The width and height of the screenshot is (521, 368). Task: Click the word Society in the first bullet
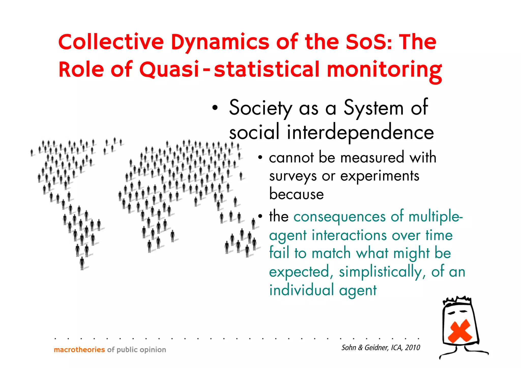260,108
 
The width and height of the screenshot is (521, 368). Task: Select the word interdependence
360,133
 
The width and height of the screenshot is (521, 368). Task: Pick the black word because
297,194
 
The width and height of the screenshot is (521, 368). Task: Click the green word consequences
340,217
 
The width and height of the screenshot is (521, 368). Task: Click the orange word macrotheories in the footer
79,350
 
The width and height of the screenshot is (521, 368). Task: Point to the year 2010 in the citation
413,348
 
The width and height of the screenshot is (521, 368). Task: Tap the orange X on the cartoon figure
460,331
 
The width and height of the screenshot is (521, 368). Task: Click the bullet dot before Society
215,108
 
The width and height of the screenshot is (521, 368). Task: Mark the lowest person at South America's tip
82,263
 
